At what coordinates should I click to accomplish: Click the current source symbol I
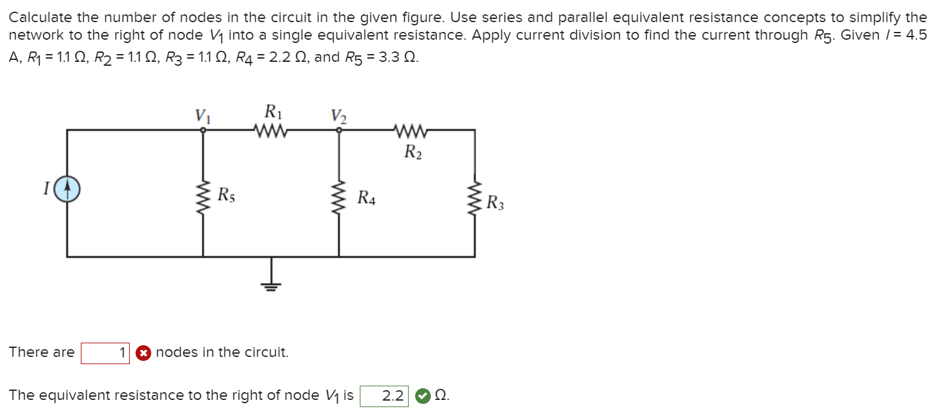point(67,190)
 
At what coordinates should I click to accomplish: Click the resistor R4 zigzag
point(338,192)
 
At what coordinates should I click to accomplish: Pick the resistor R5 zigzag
point(203,192)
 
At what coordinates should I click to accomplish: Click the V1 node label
point(203,115)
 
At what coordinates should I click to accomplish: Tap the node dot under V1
point(203,130)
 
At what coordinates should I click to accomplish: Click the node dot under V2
point(338,130)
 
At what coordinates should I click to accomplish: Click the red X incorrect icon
point(143,353)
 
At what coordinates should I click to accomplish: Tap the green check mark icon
point(422,395)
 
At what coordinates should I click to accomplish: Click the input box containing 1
point(105,353)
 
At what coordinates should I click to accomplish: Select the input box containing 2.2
point(384,395)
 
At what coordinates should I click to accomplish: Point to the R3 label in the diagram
point(495,203)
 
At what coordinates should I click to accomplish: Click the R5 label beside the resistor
point(226,193)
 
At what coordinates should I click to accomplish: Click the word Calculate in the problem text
point(38,17)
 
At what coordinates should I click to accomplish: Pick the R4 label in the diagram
point(366,197)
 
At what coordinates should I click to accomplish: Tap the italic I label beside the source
point(46,190)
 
